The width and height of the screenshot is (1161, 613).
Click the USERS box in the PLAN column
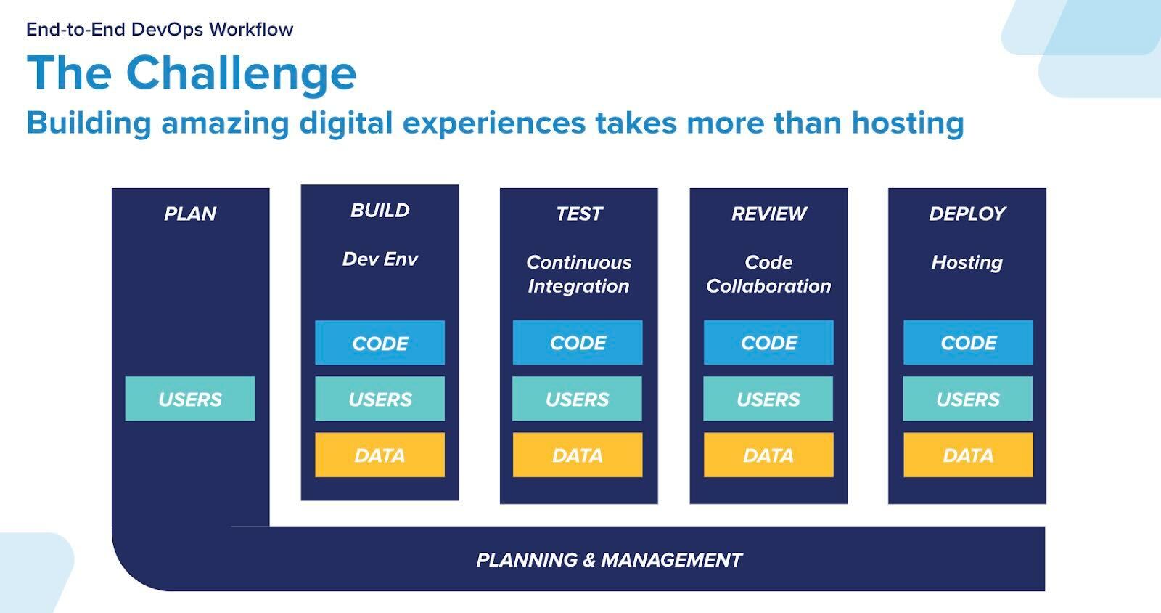click(x=189, y=399)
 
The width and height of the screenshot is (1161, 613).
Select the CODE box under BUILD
click(x=380, y=343)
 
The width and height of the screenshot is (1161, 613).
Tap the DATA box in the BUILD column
click(x=380, y=455)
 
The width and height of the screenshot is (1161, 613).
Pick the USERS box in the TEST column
click(x=577, y=399)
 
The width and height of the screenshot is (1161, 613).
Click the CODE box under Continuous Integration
click(x=578, y=342)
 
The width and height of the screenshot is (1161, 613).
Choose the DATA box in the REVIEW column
click(x=768, y=455)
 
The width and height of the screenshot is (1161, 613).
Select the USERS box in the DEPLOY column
click(x=968, y=399)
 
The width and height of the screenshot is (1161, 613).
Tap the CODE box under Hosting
click(x=968, y=342)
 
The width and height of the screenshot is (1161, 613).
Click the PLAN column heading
click(x=190, y=214)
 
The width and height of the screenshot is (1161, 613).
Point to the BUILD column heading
click(x=380, y=211)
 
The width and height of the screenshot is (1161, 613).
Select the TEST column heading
click(x=579, y=214)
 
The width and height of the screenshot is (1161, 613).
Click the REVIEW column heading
click(x=769, y=214)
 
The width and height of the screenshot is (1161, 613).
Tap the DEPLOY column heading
click(x=967, y=214)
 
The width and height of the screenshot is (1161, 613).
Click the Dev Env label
click(x=380, y=259)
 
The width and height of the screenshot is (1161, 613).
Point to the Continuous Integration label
click(x=579, y=275)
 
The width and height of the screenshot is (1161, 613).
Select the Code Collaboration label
click(x=768, y=275)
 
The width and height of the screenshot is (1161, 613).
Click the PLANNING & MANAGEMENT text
click(x=609, y=560)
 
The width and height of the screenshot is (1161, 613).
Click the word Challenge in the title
click(x=241, y=74)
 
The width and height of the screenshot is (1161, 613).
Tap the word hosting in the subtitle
click(x=908, y=124)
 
